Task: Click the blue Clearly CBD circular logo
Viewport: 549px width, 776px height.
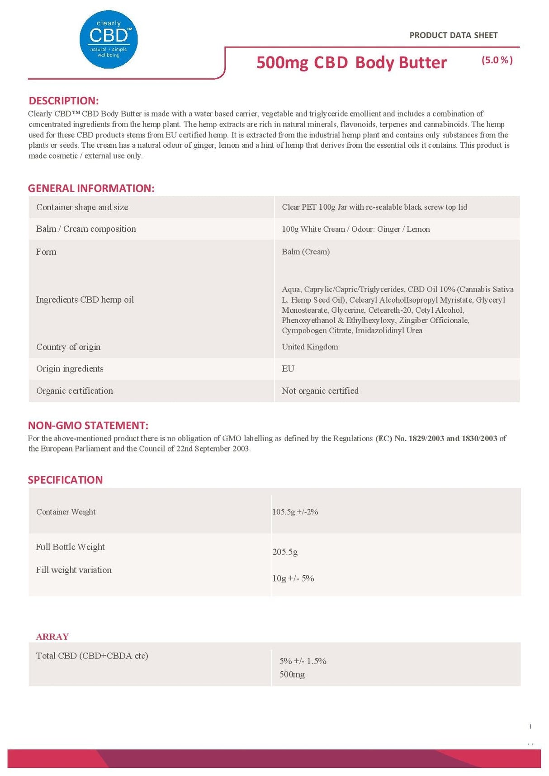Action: click(x=109, y=39)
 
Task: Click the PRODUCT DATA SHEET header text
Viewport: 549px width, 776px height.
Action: click(x=453, y=35)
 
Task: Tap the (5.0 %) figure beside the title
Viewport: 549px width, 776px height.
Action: click(x=497, y=60)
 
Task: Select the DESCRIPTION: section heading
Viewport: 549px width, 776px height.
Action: click(x=63, y=100)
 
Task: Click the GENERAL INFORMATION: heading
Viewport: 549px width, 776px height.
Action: click(x=91, y=188)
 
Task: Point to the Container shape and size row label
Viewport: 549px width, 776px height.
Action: click(x=82, y=207)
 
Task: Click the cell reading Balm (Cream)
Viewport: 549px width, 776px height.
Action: click(x=305, y=252)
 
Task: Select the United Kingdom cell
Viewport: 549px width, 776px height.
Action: click(x=310, y=347)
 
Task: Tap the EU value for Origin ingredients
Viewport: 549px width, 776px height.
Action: click(x=288, y=369)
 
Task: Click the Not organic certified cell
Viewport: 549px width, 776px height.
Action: click(x=320, y=390)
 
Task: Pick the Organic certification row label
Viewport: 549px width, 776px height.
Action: click(x=75, y=390)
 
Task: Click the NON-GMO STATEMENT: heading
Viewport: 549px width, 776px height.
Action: click(x=88, y=425)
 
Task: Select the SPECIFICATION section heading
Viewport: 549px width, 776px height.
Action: click(x=65, y=480)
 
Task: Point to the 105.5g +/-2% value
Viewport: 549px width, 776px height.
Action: click(x=295, y=512)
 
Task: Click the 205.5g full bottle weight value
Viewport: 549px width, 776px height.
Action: click(x=285, y=551)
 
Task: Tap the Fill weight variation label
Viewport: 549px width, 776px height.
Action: click(x=74, y=570)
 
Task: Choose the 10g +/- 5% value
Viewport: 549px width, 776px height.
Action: click(x=293, y=578)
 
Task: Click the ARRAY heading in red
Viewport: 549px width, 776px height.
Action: click(x=52, y=636)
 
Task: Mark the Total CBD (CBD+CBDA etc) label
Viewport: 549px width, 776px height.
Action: click(x=92, y=655)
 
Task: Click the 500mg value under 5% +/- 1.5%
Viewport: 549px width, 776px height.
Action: click(x=292, y=674)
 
